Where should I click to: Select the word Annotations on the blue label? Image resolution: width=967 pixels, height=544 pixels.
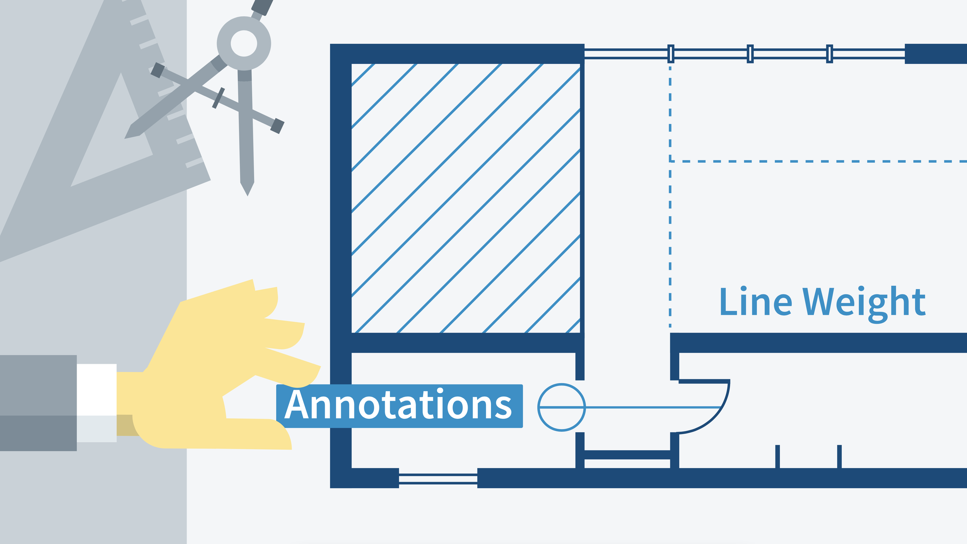399,406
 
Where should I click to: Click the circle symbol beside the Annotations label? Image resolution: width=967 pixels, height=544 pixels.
561,407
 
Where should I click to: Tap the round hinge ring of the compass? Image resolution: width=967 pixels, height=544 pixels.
244,43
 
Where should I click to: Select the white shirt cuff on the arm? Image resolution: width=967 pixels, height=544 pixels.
97,402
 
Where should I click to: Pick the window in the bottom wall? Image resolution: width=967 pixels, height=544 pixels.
438,479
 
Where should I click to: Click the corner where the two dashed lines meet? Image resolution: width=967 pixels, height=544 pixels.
670,161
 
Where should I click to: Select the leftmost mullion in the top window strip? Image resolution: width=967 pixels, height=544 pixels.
671,54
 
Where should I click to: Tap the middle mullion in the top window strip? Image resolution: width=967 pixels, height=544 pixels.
750,54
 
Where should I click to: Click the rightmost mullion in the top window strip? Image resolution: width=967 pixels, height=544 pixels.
829,54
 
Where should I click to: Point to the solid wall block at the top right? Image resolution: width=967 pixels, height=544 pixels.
936,54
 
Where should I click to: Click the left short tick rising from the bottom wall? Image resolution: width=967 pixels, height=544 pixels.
777,456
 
